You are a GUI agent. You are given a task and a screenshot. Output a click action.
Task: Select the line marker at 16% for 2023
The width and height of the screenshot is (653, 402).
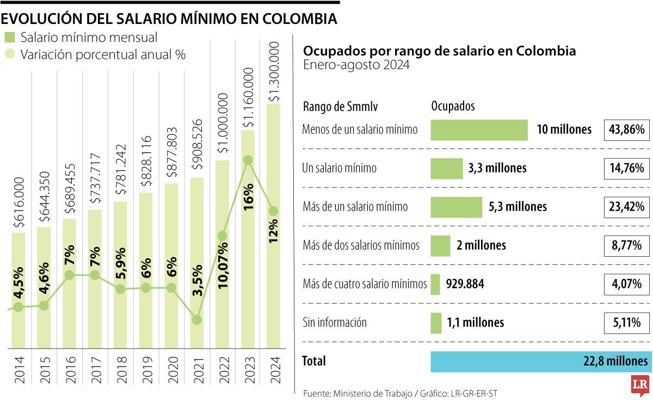tap(248, 160)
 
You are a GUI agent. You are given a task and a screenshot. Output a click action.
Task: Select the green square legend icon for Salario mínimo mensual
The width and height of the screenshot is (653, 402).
tap(9, 38)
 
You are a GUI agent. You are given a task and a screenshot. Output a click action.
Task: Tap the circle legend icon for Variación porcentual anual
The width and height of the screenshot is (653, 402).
tap(9, 54)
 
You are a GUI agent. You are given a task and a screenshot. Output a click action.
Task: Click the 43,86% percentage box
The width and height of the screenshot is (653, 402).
tap(627, 130)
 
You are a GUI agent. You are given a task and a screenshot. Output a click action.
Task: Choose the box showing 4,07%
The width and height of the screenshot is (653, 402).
tap(627, 284)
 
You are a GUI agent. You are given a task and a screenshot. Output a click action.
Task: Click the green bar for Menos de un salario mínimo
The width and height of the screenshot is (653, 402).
tap(479, 130)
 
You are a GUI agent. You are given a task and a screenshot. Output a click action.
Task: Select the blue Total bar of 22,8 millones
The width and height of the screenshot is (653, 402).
tap(540, 361)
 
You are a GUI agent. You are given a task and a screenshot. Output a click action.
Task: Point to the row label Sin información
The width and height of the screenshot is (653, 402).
tap(334, 323)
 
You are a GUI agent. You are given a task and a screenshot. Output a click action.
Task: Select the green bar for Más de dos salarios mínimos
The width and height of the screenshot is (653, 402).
tap(440, 245)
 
